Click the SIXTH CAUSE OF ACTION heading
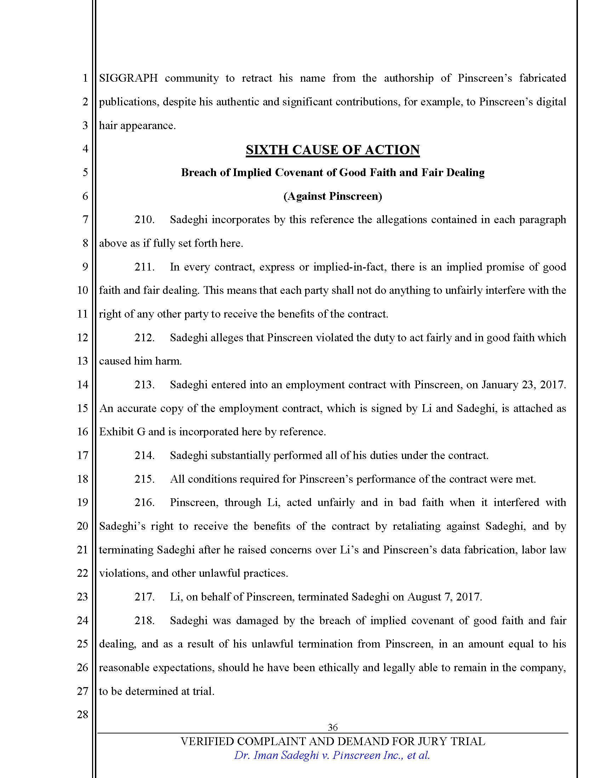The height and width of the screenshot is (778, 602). click(333, 150)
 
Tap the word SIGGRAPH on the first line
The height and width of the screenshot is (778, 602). click(129, 78)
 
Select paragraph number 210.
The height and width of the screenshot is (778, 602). click(144, 220)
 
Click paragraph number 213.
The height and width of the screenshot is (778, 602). click(144, 385)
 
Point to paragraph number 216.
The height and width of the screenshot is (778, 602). click(144, 502)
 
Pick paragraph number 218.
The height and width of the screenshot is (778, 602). click(144, 620)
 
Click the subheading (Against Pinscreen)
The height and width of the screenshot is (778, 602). click(333, 196)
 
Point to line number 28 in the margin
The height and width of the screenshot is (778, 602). click(83, 714)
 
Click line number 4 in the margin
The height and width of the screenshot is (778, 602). click(85, 149)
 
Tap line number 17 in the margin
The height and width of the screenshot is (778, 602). click(83, 455)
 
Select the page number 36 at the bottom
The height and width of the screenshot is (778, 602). click(333, 727)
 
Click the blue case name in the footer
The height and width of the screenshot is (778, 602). click(332, 755)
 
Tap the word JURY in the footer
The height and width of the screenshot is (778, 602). click(432, 741)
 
